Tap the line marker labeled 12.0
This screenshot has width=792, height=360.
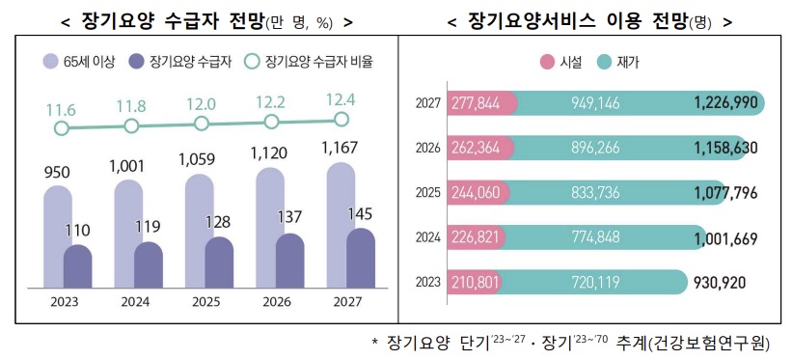pyautogui.click(x=201, y=124)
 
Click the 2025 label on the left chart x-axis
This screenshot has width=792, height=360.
pyautogui.click(x=202, y=300)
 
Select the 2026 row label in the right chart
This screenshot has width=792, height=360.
pyautogui.click(x=427, y=148)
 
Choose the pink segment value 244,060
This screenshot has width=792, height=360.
pyautogui.click(x=475, y=192)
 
